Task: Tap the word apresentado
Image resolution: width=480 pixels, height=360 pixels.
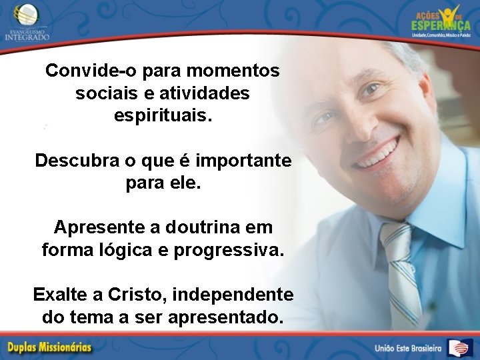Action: [x=228, y=317]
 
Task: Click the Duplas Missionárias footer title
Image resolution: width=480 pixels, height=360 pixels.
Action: [x=49, y=347]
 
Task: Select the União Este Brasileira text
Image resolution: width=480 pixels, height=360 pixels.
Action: [x=408, y=348]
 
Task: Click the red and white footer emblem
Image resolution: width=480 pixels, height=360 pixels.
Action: [x=460, y=347]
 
